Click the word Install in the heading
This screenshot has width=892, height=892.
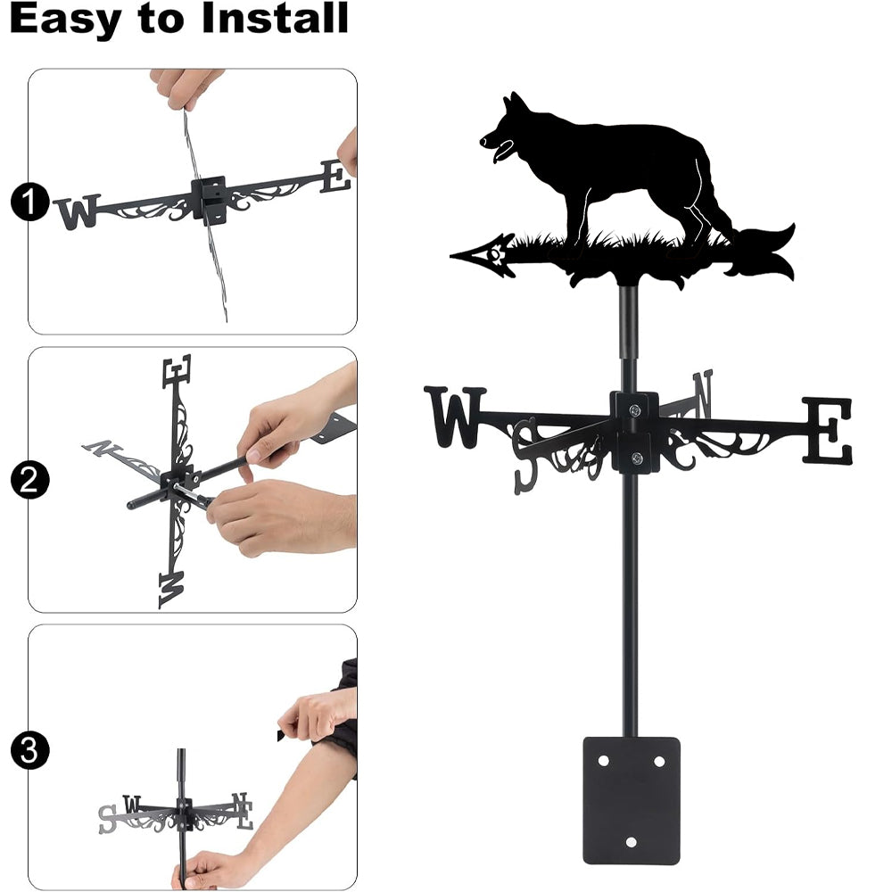point(275,18)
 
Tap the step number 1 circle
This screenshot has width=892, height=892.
point(29,202)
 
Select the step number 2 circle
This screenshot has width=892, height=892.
point(29,480)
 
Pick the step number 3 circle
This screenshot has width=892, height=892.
point(29,750)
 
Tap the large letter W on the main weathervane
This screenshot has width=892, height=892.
point(455,416)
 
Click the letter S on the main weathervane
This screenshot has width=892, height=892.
point(526,456)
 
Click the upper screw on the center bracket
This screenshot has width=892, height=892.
point(635,409)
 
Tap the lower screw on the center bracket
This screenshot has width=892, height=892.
point(637,458)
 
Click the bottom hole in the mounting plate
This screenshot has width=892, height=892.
point(631,842)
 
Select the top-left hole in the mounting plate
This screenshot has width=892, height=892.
point(603,761)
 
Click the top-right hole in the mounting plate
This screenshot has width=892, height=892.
point(659,761)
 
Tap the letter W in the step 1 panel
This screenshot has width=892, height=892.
point(78,211)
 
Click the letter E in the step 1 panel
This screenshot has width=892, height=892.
point(335,176)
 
